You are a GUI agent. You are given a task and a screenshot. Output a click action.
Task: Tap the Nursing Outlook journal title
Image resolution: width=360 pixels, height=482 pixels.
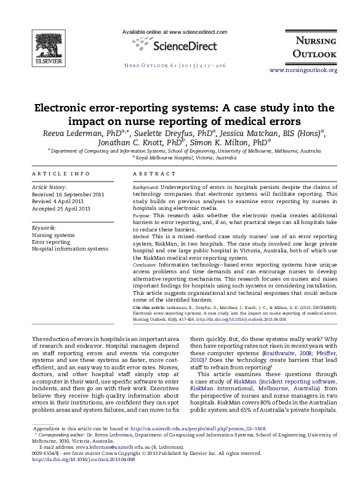point(314,47)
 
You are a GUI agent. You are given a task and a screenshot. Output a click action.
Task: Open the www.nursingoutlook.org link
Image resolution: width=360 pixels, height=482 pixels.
point(303,70)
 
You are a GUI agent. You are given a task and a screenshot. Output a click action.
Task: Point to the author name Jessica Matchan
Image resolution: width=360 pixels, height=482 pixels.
point(247,133)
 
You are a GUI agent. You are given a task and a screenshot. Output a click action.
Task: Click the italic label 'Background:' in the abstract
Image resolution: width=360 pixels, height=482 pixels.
point(146,187)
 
